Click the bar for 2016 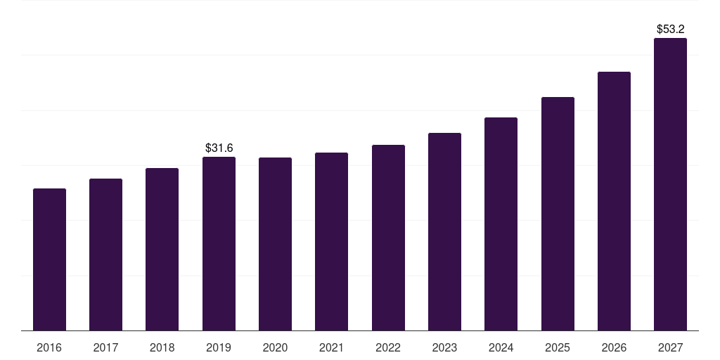(x=49, y=259)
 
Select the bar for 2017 (x=105, y=255)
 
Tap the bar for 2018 (x=162, y=249)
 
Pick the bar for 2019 (x=219, y=243)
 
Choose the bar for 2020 (x=275, y=244)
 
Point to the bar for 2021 (x=331, y=241)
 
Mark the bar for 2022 (x=388, y=238)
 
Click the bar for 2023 (x=444, y=231)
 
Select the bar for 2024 (x=501, y=224)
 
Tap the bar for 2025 (x=558, y=214)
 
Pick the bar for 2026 (x=614, y=201)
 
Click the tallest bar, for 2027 (x=670, y=184)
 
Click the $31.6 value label (x=219, y=148)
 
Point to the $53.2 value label (x=670, y=29)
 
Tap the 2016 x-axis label (x=49, y=347)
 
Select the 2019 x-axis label (x=219, y=347)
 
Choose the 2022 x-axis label (x=388, y=347)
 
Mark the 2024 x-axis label (x=501, y=347)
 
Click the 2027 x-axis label (x=670, y=347)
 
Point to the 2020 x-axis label (x=275, y=347)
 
